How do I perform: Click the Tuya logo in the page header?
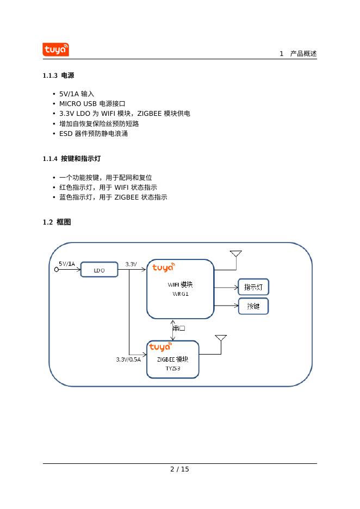[55, 49]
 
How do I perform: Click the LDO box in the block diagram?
[99, 270]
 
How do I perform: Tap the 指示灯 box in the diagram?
[253, 287]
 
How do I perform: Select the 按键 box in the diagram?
[253, 306]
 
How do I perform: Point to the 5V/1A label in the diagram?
[67, 263]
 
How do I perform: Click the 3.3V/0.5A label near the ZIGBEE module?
[128, 359]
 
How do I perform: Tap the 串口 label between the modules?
[179, 328]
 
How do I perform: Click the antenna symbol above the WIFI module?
[235, 254]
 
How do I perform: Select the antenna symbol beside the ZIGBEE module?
[221, 339]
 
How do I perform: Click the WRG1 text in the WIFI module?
[180, 294]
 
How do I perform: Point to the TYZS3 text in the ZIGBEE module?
[173, 368]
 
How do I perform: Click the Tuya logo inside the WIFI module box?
[163, 267]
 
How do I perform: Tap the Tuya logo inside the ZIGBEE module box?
[160, 347]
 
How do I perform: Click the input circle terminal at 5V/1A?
[57, 269]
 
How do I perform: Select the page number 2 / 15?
[179, 469]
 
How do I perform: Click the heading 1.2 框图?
[57, 222]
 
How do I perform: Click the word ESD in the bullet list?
[66, 134]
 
